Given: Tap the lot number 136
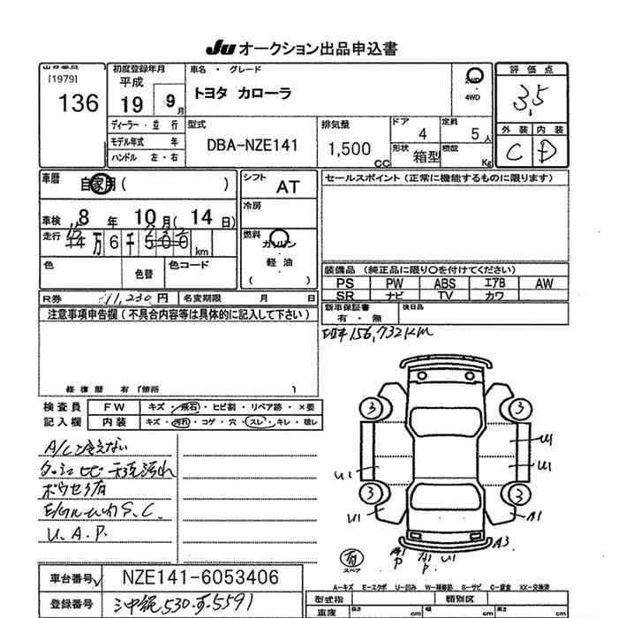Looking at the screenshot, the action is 79,104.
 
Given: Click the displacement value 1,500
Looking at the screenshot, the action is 349,150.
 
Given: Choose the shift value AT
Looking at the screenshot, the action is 288,187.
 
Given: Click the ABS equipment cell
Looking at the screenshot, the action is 444,283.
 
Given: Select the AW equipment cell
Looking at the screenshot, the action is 544,283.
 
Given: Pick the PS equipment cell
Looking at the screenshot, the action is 345,283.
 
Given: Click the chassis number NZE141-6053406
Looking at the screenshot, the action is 200,577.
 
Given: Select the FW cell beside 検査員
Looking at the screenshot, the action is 114,407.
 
